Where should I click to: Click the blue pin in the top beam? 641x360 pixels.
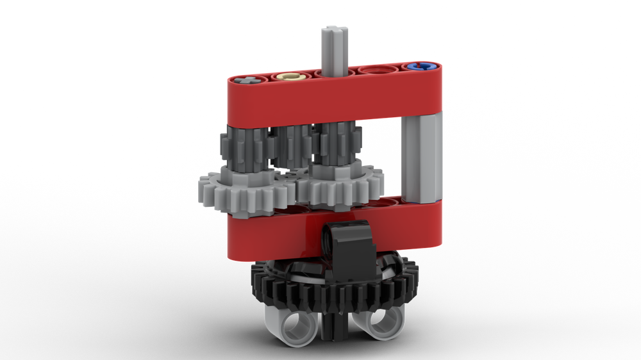420,66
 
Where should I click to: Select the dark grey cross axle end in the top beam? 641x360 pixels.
249,81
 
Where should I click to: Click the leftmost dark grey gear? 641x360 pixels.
233,151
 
